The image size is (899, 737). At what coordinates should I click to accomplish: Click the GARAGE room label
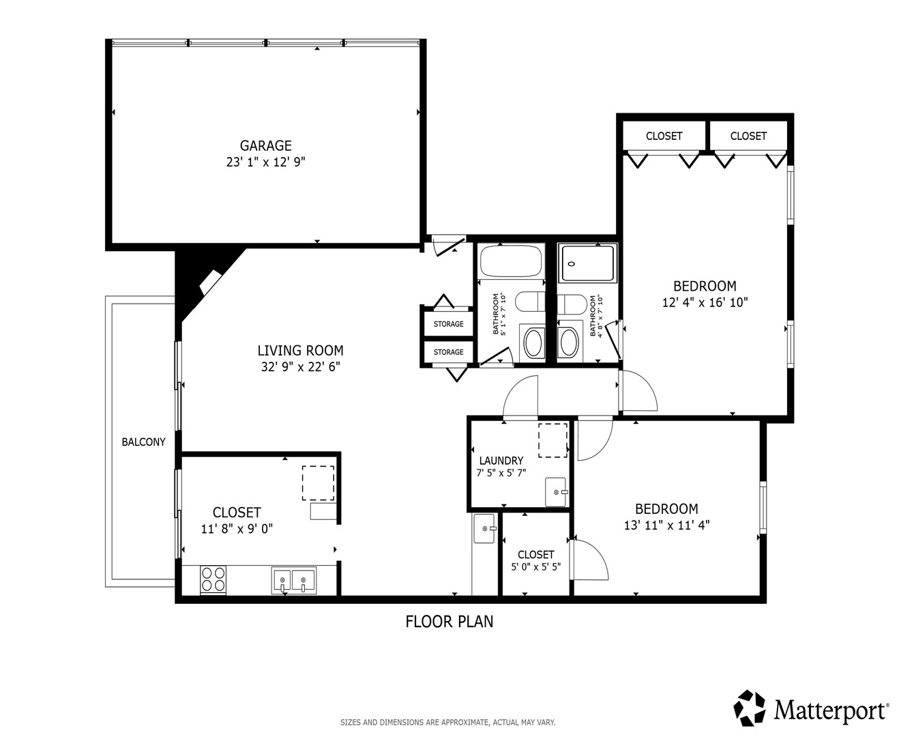pyautogui.click(x=265, y=146)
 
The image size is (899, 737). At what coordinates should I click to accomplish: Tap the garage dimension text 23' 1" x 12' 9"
pyautogui.click(x=265, y=162)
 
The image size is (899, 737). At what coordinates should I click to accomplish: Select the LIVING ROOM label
pyautogui.click(x=300, y=351)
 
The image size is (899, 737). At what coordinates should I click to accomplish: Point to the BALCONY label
pyautogui.click(x=143, y=442)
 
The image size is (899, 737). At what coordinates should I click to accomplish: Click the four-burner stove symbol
pyautogui.click(x=213, y=579)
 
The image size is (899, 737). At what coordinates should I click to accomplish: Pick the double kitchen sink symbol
pyautogui.click(x=294, y=580)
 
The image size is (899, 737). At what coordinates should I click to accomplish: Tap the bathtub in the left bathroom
pyautogui.click(x=511, y=261)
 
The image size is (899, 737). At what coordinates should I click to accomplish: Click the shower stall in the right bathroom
pyautogui.click(x=587, y=263)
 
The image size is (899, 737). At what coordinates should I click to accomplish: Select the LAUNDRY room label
pyautogui.click(x=501, y=461)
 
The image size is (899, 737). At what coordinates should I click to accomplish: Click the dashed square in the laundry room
pyautogui.click(x=552, y=440)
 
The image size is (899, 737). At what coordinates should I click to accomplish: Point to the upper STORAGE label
pyautogui.click(x=448, y=324)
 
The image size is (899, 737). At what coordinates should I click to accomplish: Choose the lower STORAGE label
pyautogui.click(x=448, y=352)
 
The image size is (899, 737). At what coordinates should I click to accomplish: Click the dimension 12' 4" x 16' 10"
pyautogui.click(x=705, y=302)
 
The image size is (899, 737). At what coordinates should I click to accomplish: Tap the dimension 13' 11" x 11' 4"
pyautogui.click(x=666, y=525)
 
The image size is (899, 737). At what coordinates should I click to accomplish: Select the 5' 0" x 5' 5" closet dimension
pyautogui.click(x=536, y=567)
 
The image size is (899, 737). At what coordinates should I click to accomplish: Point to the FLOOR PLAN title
pyautogui.click(x=449, y=622)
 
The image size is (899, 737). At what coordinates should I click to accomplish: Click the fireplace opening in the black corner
pyautogui.click(x=211, y=282)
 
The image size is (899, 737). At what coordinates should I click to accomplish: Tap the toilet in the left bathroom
pyautogui.click(x=530, y=302)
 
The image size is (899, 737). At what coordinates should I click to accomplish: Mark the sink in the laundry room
pyautogui.click(x=556, y=492)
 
